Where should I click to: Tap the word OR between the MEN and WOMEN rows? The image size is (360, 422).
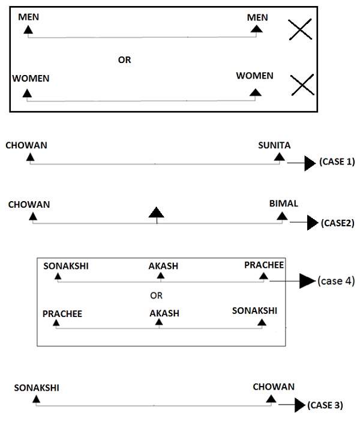[124, 60]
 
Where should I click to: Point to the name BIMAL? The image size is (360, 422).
[283, 203]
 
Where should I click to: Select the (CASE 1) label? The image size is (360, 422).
[337, 162]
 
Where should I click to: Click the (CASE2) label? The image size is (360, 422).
[338, 223]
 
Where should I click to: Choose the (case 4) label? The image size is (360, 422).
[336, 280]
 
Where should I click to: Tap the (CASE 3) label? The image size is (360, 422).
[325, 405]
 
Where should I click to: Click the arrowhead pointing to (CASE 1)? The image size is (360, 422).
[310, 163]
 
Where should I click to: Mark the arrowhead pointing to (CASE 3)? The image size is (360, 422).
[299, 406]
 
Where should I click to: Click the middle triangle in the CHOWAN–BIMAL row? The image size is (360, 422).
[156, 212]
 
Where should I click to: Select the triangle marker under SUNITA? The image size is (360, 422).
[278, 157]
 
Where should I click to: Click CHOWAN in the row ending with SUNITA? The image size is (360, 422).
[26, 145]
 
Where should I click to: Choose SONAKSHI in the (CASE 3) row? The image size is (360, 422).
[37, 388]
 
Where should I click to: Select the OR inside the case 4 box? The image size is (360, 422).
[157, 295]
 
